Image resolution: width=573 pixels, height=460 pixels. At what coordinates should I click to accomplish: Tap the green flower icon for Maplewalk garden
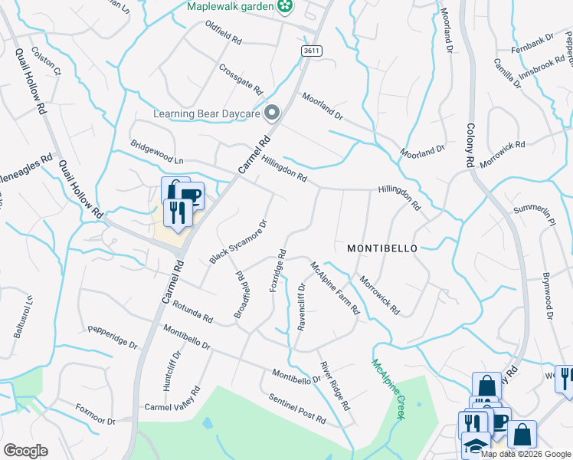click(x=286, y=7)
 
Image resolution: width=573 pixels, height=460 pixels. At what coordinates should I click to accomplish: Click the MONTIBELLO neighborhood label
click(x=382, y=248)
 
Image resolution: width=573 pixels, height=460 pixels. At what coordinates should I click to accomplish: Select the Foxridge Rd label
click(x=277, y=271)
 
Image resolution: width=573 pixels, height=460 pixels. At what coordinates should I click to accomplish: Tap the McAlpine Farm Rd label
click(x=335, y=288)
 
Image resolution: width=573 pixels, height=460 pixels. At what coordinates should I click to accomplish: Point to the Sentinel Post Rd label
click(x=297, y=409)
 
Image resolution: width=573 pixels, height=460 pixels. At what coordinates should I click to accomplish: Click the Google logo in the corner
click(x=25, y=451)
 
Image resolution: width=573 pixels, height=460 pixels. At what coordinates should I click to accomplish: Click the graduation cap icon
click(x=476, y=445)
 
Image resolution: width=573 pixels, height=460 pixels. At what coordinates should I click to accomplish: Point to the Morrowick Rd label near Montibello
click(x=379, y=296)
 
